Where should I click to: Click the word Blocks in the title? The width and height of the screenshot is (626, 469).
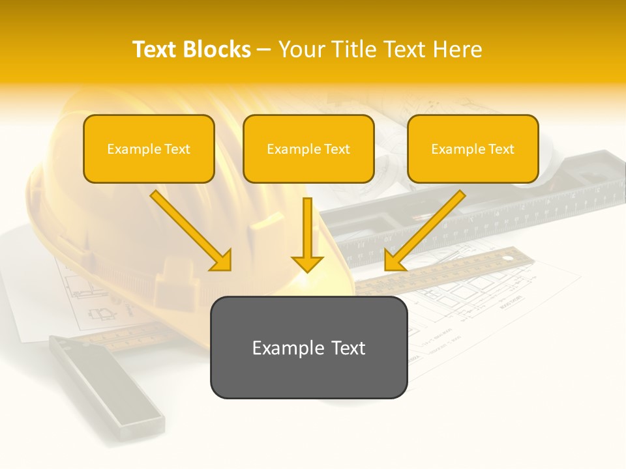[216, 50]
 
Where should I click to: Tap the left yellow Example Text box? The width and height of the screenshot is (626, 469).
[149, 149]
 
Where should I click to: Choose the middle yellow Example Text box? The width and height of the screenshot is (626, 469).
[308, 149]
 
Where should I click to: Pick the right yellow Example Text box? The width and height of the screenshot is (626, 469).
[473, 149]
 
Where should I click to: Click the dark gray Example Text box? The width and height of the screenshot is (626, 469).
[308, 347]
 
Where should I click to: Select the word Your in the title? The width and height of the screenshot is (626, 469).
[301, 50]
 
